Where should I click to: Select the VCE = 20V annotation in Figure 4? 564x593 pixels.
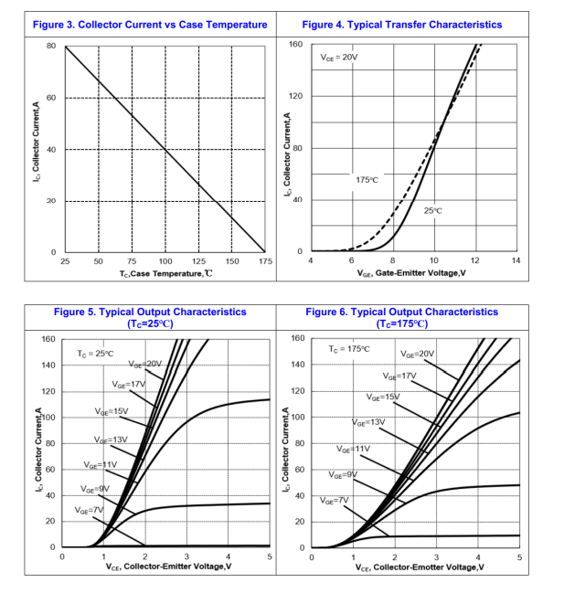pyautogui.click(x=339, y=58)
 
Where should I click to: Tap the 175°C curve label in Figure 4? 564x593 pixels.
pyautogui.click(x=367, y=180)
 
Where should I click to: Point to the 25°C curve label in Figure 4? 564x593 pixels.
pyautogui.click(x=433, y=211)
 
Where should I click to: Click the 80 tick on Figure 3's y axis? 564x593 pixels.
pyautogui.click(x=51, y=46)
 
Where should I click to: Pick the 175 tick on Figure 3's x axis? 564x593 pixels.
pyautogui.click(x=265, y=261)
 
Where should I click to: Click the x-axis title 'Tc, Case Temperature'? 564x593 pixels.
pyautogui.click(x=165, y=273)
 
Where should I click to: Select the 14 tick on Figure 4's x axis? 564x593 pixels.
pyautogui.click(x=516, y=261)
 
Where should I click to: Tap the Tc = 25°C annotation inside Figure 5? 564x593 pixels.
pyautogui.click(x=95, y=353)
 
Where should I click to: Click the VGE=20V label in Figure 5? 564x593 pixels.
pyautogui.click(x=144, y=364)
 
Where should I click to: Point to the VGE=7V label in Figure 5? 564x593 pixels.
pyautogui.click(x=90, y=510)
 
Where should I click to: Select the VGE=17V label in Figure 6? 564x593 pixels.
pyautogui.click(x=399, y=376)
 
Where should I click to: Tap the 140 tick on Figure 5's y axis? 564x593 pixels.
pyautogui.click(x=48, y=365)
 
